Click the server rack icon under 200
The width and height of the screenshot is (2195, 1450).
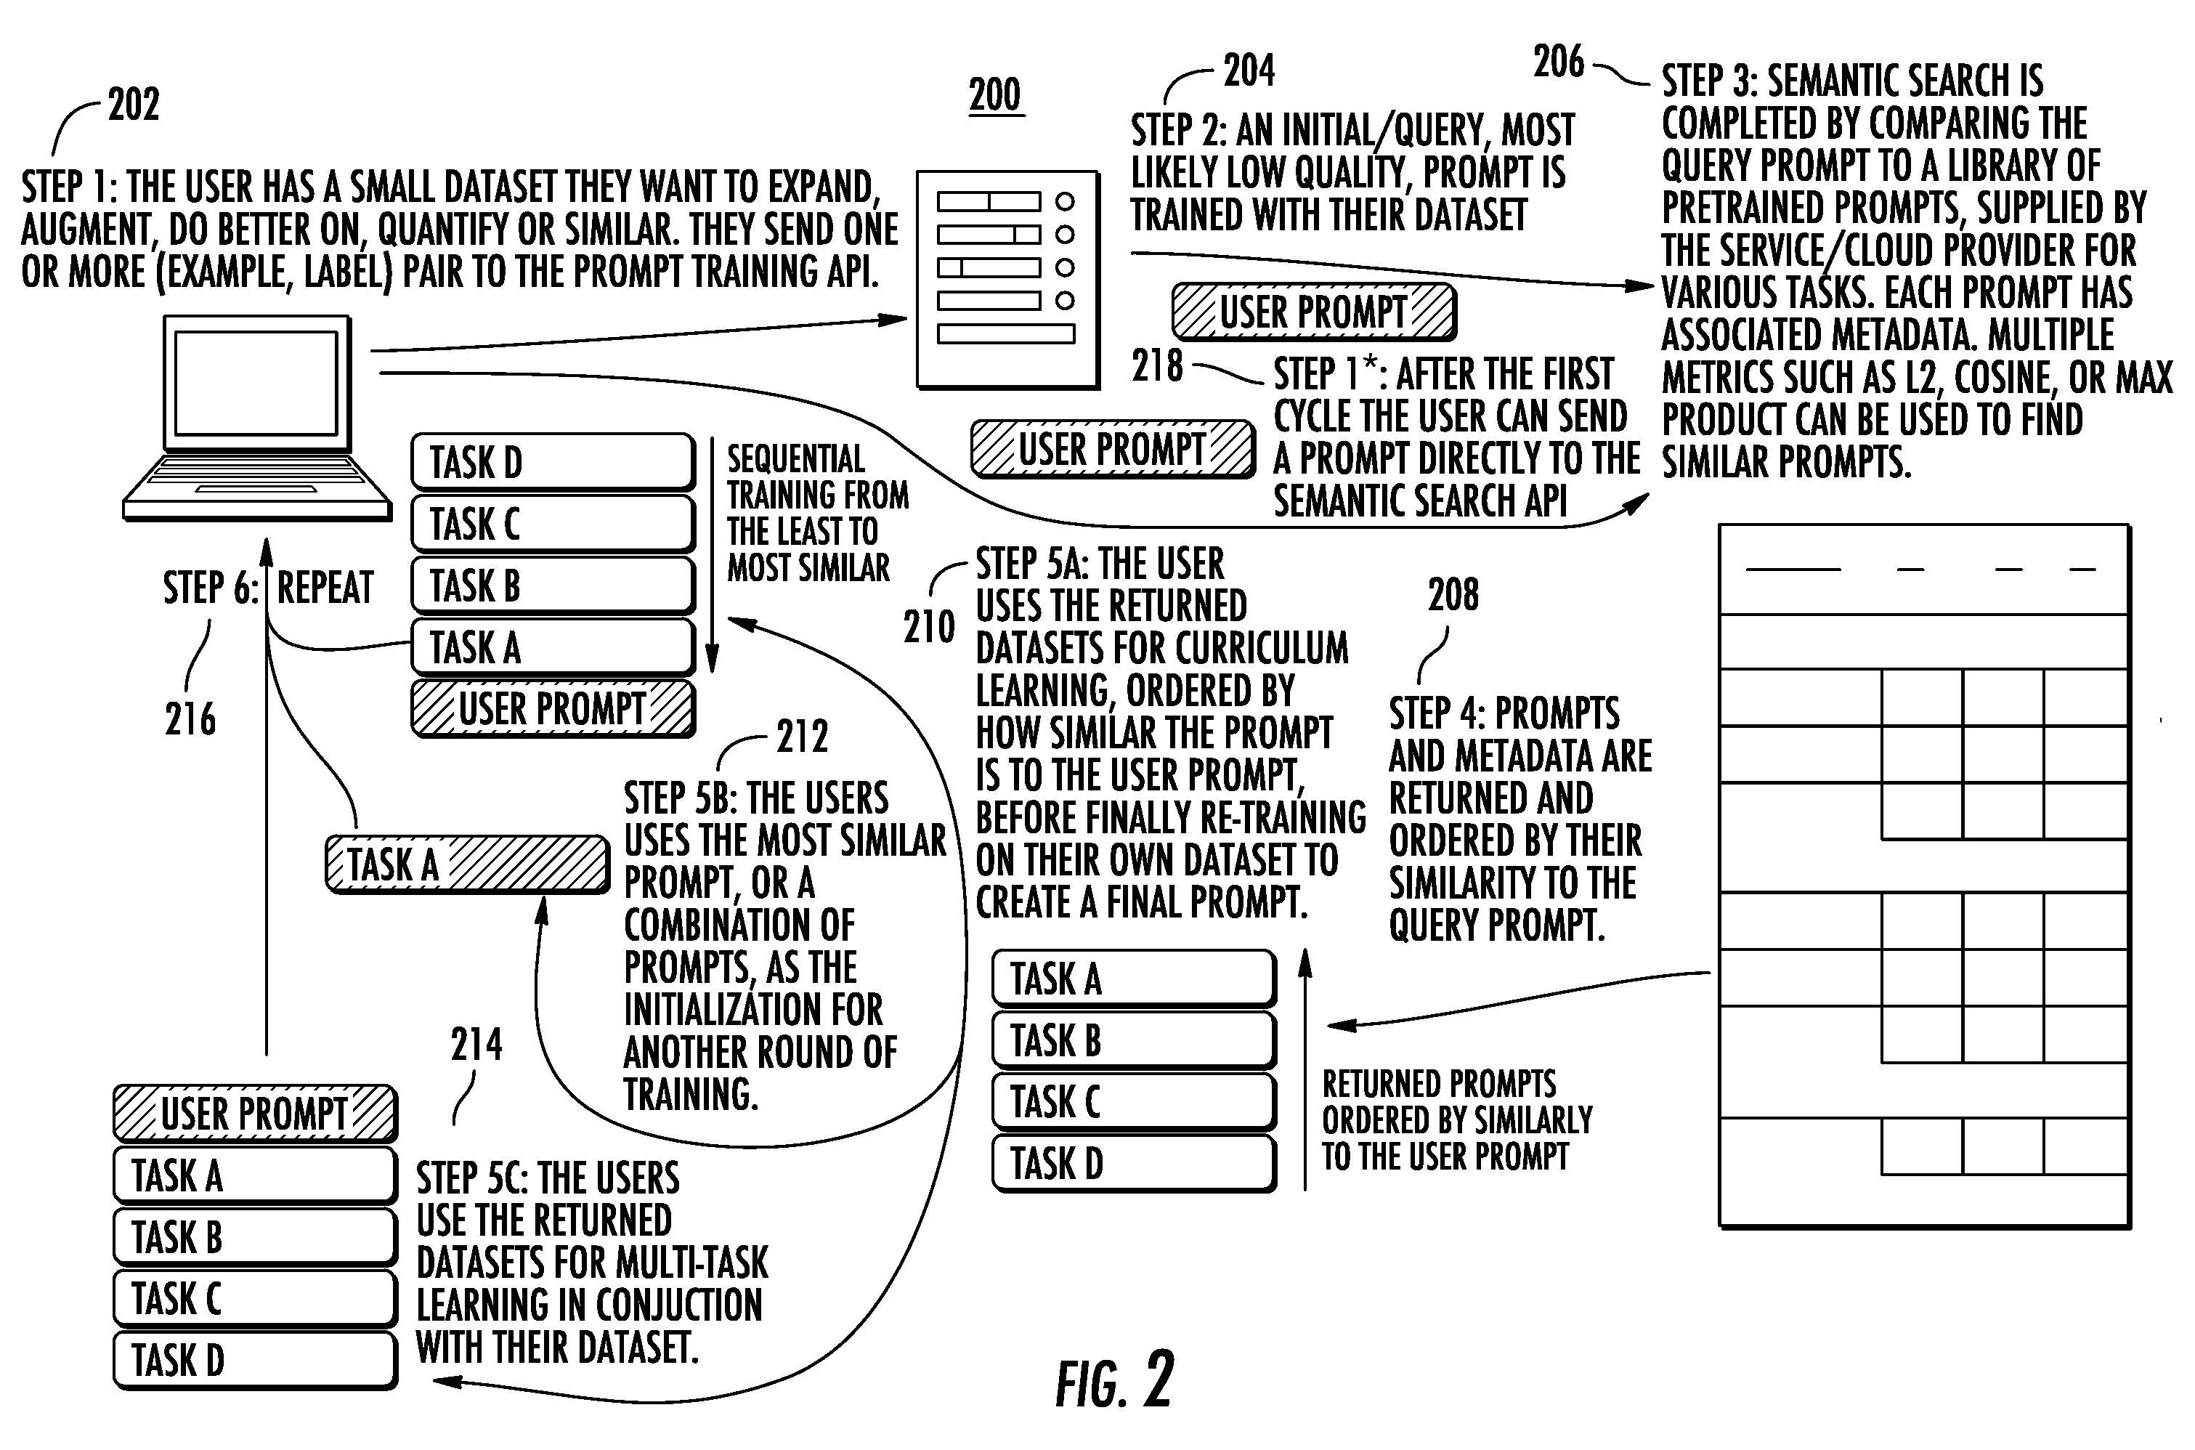click(x=1008, y=279)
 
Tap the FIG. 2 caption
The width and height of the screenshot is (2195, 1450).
click(x=1115, y=1380)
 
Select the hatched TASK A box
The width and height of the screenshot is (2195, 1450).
click(x=468, y=864)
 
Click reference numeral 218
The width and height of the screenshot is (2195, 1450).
click(x=1156, y=366)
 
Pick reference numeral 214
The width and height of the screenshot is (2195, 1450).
click(x=476, y=1044)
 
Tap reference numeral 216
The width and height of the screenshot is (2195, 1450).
click(x=190, y=718)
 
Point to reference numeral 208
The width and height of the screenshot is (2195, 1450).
click(x=1453, y=595)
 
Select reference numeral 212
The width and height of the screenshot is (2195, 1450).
click(x=803, y=737)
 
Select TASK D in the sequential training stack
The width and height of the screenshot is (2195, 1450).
click(x=553, y=462)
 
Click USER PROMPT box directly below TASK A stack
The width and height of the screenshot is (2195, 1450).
click(x=553, y=709)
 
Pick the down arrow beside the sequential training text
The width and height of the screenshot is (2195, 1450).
click(x=713, y=555)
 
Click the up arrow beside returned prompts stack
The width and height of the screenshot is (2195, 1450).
click(x=1305, y=1069)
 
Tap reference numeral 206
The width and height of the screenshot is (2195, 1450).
click(x=1559, y=62)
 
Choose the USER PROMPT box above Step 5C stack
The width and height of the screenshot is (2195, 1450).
click(x=255, y=1114)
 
